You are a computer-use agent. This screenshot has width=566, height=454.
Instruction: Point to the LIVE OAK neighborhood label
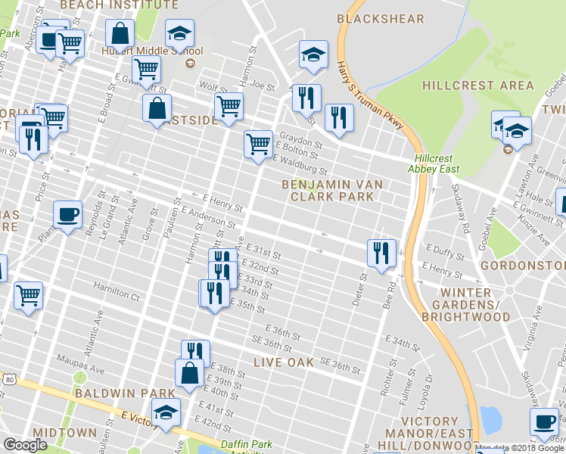tap(284, 362)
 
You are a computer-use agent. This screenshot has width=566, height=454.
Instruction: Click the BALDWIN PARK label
tap(112, 394)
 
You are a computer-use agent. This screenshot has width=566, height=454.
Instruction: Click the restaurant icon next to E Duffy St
tap(381, 252)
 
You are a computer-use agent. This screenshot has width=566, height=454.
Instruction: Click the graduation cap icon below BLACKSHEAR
tap(313, 54)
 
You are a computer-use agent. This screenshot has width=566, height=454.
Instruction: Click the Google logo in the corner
tap(25, 445)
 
